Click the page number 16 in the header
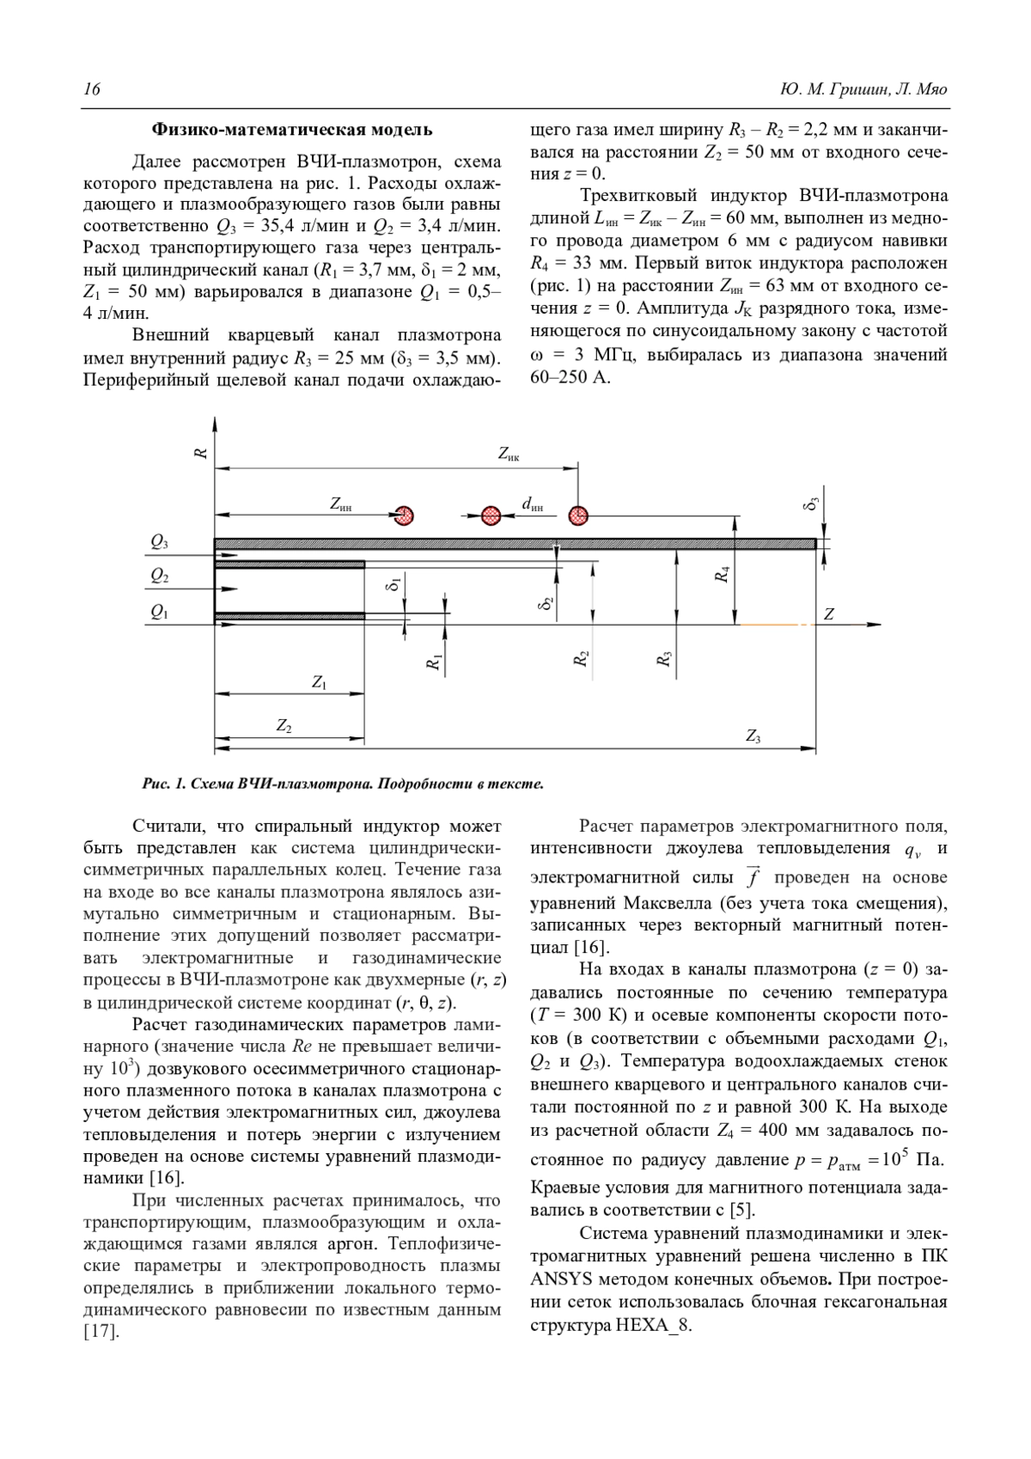click(x=92, y=90)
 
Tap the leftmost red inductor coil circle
click(x=405, y=516)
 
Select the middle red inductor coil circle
click(x=491, y=516)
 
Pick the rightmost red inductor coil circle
click(x=578, y=516)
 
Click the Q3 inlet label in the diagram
click(x=160, y=542)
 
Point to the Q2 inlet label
click(x=160, y=577)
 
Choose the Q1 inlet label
click(x=160, y=612)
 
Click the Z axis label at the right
click(x=829, y=614)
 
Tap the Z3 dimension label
click(x=753, y=736)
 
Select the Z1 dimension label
click(x=319, y=682)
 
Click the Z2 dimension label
click(x=284, y=726)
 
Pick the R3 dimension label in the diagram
click(x=663, y=660)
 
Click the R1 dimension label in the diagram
click(x=435, y=662)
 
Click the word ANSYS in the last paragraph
click(x=559, y=1278)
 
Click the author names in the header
click(x=863, y=90)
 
